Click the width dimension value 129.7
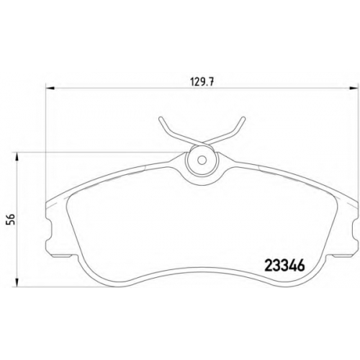(202, 82)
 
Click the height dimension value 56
(12, 219)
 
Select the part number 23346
(284, 266)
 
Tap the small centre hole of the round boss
(202, 160)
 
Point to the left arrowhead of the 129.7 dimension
(50, 89)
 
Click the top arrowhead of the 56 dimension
(17, 157)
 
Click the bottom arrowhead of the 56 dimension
(17, 282)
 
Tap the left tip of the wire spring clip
(161, 118)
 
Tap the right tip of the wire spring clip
(243, 118)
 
